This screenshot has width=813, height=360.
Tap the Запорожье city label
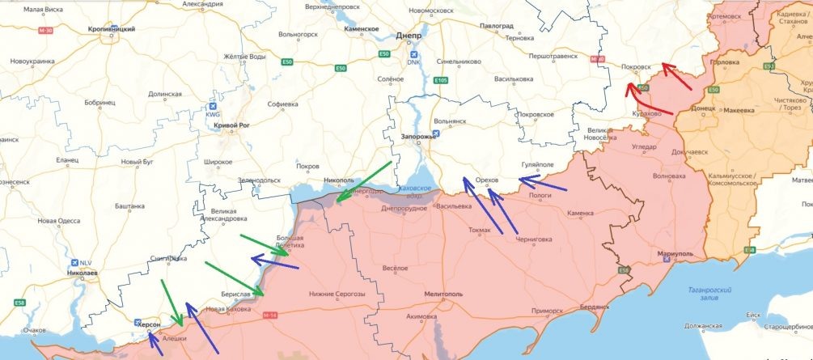419,137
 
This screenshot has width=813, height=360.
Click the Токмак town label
480,230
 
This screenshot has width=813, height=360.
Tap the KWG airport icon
213,106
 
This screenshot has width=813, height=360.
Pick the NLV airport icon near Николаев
75,263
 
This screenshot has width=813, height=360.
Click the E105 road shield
441,80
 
